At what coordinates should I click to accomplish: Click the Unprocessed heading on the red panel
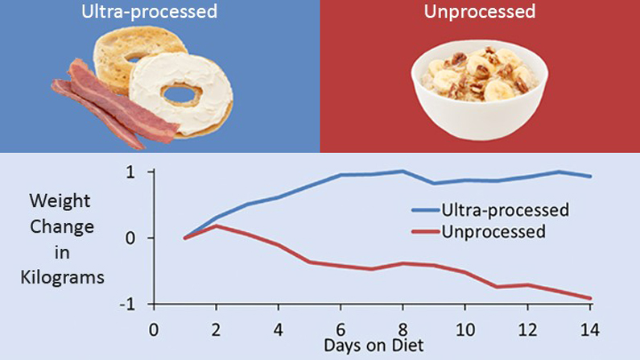coord(479,13)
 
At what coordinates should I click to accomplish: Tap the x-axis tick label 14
coord(590,329)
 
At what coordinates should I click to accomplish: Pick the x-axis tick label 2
coord(216,329)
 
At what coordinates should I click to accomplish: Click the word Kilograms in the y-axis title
coord(68,278)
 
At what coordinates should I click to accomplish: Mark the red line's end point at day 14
coord(590,299)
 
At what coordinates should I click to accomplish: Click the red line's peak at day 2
coord(216,226)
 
